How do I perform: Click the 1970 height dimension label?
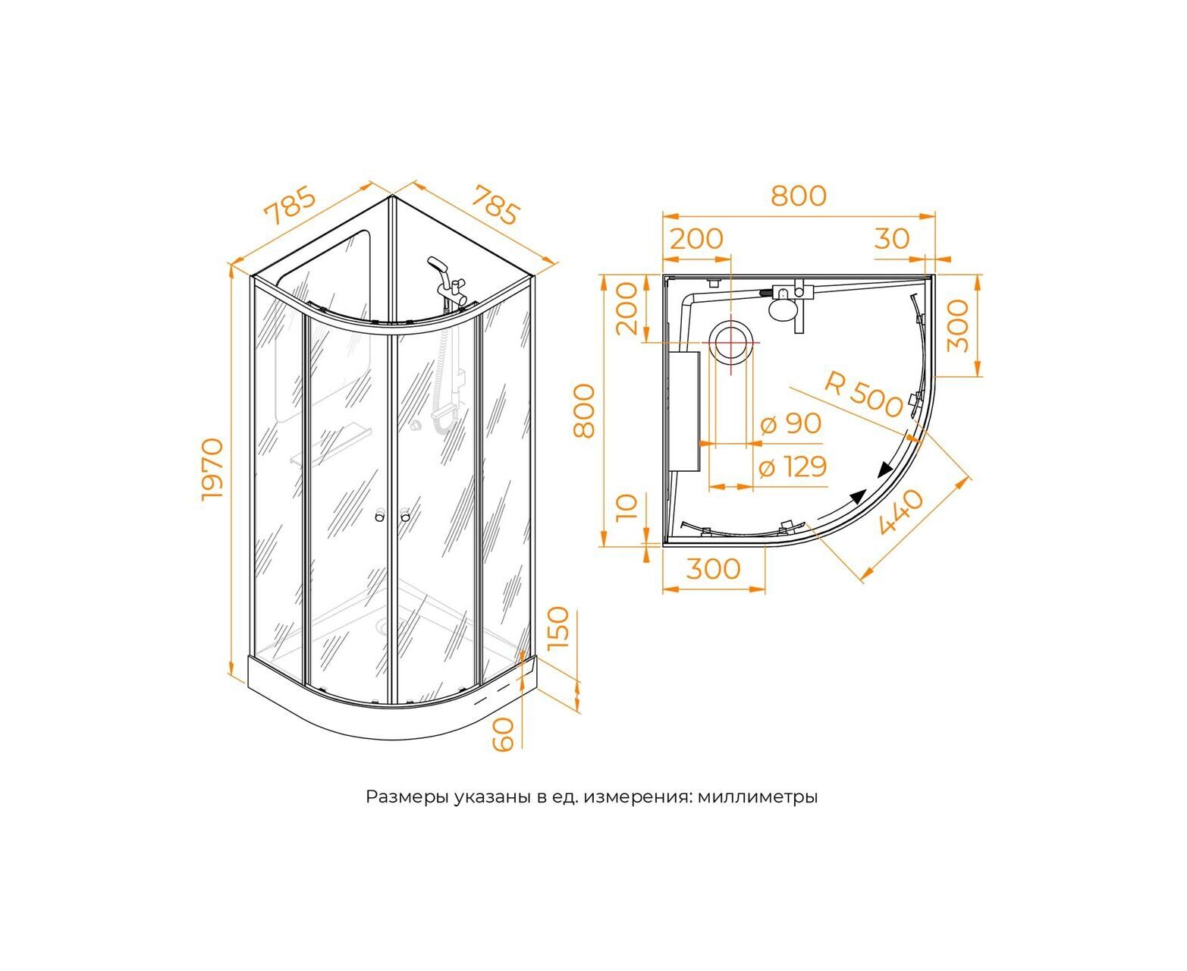pyautogui.click(x=212, y=470)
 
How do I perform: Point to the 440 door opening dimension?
pyautogui.click(x=900, y=512)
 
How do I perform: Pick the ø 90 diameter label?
pyautogui.click(x=790, y=423)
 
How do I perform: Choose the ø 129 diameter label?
pyautogui.click(x=793, y=467)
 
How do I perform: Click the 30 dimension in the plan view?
pyautogui.click(x=892, y=239)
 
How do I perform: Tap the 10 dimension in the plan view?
pyautogui.click(x=627, y=508)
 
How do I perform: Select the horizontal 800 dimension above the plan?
pyautogui.click(x=799, y=195)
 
